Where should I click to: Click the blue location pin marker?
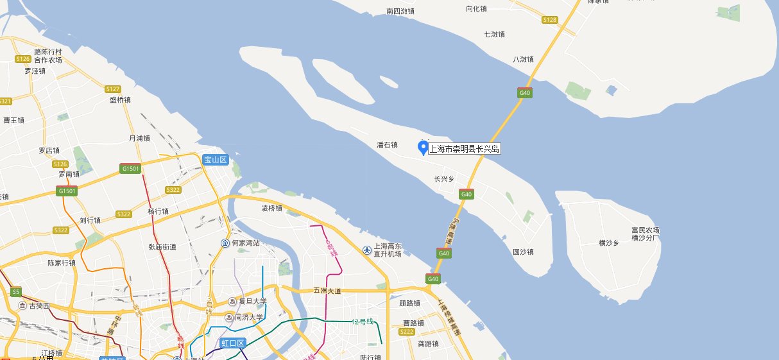pyautogui.click(x=423, y=148)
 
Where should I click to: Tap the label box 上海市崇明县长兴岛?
pyautogui.click(x=465, y=150)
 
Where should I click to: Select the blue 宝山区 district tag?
pyautogui.click(x=216, y=160)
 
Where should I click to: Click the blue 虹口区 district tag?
pyautogui.click(x=233, y=343)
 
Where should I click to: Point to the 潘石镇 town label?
pyautogui.click(x=388, y=145)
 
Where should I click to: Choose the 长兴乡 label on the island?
pyautogui.click(x=444, y=179)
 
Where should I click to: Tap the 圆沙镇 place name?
pyautogui.click(x=523, y=252)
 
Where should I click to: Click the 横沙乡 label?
pyautogui.click(x=608, y=243)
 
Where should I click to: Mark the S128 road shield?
pyautogui.click(x=549, y=20)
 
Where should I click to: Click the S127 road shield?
pyautogui.click(x=113, y=89)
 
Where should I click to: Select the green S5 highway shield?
pyautogui.click(x=16, y=292)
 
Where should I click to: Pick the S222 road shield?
pyautogui.click(x=406, y=332)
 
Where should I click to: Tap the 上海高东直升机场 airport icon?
pyautogui.click(x=367, y=250)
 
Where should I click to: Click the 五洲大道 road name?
pyautogui.click(x=327, y=291)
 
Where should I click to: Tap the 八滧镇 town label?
pyautogui.click(x=523, y=59)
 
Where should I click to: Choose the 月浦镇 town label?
pyautogui.click(x=139, y=138)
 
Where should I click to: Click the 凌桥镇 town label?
pyautogui.click(x=271, y=209)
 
